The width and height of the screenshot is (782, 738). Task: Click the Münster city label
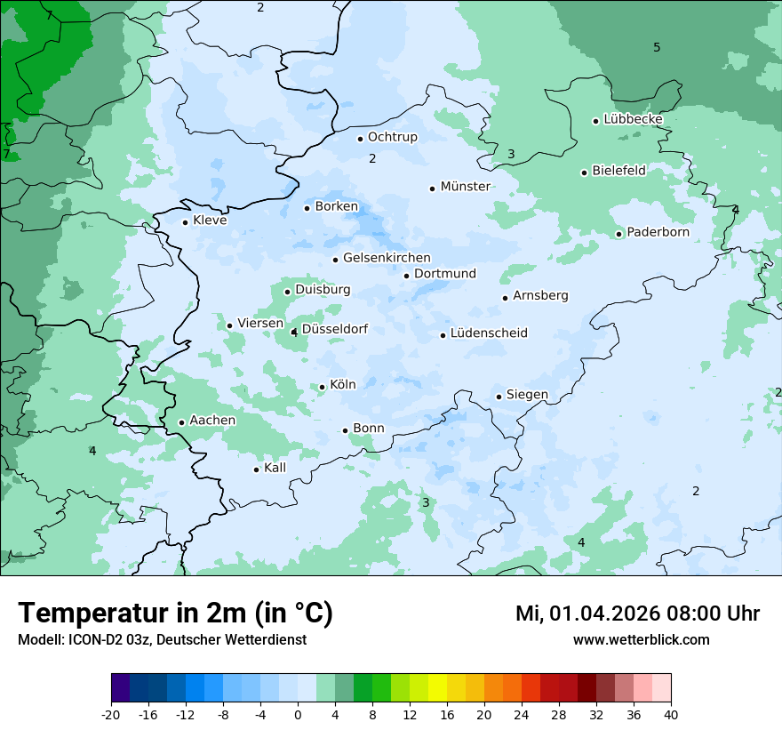[x=465, y=187]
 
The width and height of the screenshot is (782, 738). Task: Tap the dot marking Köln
[x=323, y=387]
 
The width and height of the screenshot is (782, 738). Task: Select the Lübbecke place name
[x=633, y=119]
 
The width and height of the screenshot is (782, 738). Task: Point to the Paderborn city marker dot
[x=619, y=234]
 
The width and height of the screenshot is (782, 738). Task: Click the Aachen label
[x=212, y=421]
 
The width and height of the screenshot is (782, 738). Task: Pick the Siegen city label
[x=527, y=395]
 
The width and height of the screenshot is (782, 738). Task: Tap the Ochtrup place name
[x=392, y=137]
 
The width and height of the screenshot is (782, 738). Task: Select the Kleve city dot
[x=185, y=222]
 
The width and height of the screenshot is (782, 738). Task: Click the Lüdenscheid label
[x=489, y=333]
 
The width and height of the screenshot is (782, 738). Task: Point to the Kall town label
[x=275, y=468]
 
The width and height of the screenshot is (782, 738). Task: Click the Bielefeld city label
[x=618, y=170]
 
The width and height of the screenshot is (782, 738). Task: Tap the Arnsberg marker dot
[x=505, y=298]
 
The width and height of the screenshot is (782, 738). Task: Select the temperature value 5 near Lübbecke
[x=657, y=47]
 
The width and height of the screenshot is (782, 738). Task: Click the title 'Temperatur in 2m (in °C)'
[x=175, y=613]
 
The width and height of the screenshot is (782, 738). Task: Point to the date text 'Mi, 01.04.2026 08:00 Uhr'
[x=637, y=614]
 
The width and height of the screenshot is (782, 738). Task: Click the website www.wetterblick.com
[x=641, y=640]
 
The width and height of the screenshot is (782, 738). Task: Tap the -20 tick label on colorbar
[x=111, y=715]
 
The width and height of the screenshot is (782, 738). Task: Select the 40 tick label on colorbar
[x=671, y=715]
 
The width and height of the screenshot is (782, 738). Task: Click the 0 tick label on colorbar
[x=298, y=715]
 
